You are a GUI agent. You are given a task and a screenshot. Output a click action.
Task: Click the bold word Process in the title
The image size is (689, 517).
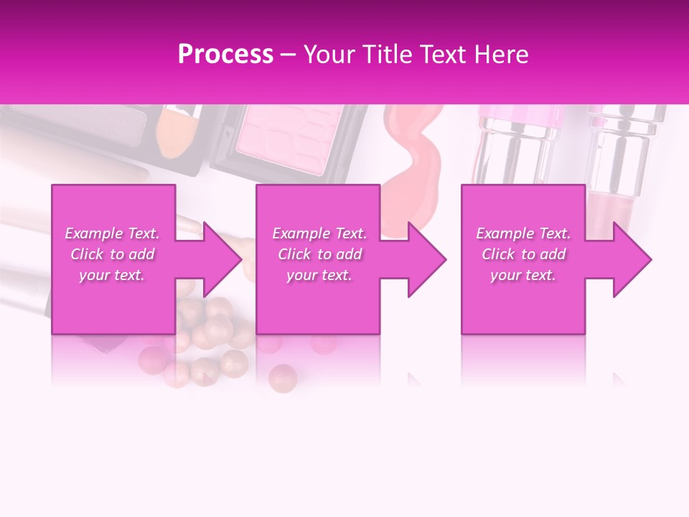pos(225,55)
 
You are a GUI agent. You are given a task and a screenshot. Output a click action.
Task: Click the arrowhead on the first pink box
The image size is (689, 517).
pos(215,259)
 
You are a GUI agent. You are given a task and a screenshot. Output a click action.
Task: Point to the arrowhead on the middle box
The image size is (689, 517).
pos(421,259)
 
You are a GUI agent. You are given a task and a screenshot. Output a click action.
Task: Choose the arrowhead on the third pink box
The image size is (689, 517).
pos(626,259)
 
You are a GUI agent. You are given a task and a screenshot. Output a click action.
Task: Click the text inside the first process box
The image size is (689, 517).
pos(113,254)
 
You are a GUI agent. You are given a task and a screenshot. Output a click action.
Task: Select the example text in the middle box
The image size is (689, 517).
pos(319,254)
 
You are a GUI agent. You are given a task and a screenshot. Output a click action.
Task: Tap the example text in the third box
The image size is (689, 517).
pos(523,254)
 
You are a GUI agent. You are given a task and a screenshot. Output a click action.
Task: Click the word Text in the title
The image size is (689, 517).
pos(443,55)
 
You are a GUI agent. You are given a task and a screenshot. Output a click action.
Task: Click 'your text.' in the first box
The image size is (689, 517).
pos(112,275)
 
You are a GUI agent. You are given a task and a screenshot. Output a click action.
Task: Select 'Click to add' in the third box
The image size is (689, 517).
pos(523,254)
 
